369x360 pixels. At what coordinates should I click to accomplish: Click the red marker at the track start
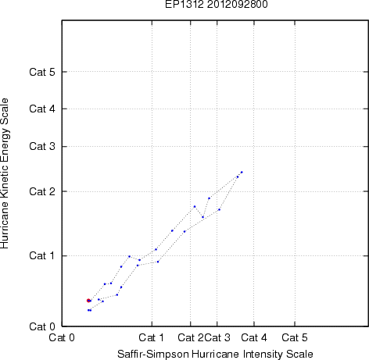tap(88, 301)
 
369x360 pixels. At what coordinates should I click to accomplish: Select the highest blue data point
tap(242, 172)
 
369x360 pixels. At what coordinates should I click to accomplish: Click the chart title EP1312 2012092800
tap(217, 5)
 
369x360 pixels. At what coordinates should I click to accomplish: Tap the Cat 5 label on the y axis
tap(42, 72)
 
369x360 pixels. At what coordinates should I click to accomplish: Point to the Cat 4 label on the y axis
tap(42, 109)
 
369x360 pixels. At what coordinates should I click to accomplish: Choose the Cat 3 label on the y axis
tap(42, 146)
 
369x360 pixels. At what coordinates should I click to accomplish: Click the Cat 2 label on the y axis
tap(42, 191)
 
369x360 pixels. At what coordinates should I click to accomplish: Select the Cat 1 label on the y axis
tap(42, 255)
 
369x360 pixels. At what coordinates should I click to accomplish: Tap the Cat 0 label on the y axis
tap(42, 326)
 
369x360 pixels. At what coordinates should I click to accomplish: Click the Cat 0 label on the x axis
tap(62, 337)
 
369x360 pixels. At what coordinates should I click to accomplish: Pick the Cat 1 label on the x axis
tap(152, 337)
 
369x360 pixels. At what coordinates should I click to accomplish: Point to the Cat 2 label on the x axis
tap(191, 337)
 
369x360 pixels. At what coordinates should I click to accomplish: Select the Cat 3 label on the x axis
tap(217, 337)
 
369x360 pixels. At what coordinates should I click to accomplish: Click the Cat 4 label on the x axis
tap(254, 337)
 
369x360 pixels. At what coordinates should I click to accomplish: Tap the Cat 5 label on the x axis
tap(295, 337)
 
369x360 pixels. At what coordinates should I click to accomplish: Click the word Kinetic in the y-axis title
tap(5, 183)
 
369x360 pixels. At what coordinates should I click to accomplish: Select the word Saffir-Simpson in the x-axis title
tap(153, 355)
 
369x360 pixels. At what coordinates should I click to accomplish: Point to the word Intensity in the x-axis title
tap(263, 355)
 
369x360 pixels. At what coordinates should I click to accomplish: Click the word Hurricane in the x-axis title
tap(215, 355)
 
